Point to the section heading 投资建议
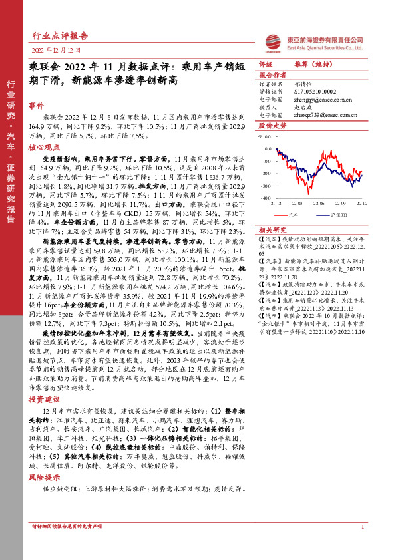click(x=44, y=400)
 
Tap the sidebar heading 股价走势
click(x=272, y=124)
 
